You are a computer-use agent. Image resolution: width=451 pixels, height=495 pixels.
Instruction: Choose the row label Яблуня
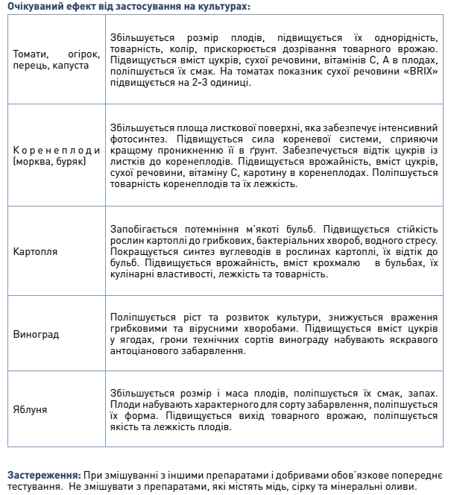(31, 409)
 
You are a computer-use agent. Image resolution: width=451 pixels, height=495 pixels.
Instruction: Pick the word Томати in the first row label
(31, 54)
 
